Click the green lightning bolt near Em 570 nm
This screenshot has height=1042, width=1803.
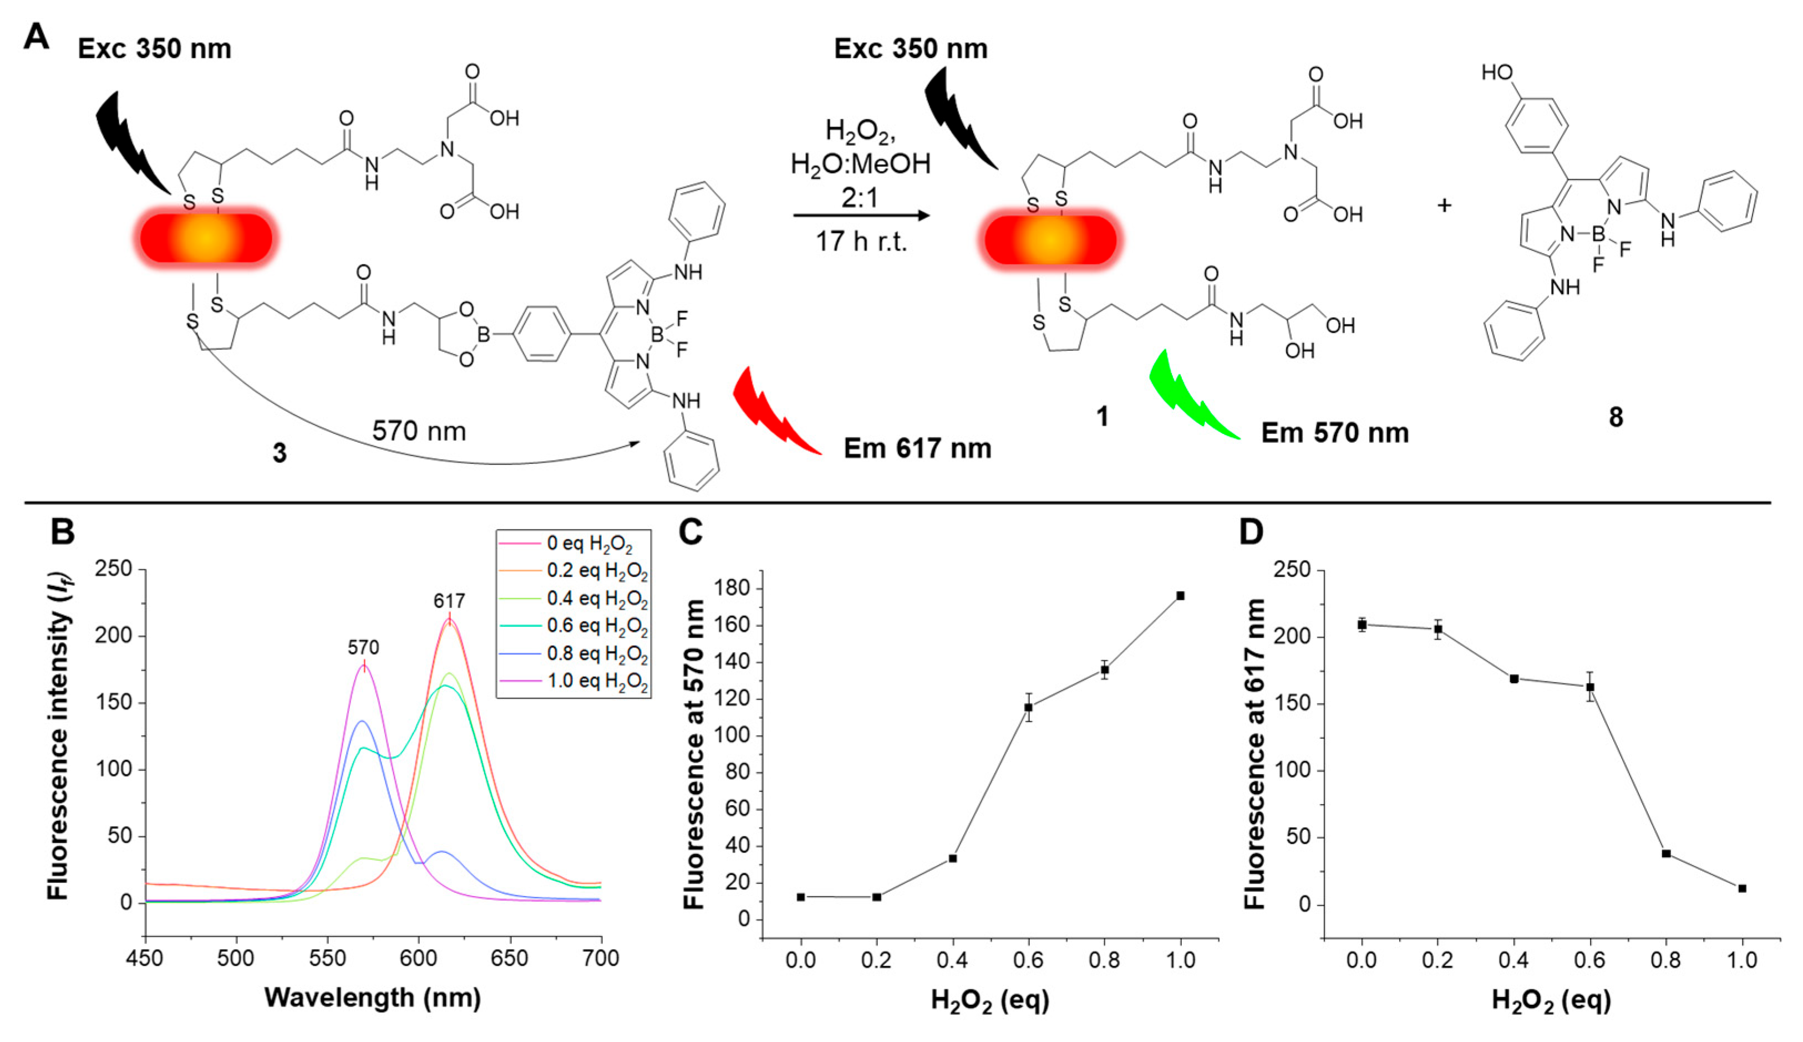(1191, 397)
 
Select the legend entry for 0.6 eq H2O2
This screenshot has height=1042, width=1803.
(597, 626)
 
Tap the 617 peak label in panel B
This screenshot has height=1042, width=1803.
(449, 601)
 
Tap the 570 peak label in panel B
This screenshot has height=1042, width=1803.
(363, 648)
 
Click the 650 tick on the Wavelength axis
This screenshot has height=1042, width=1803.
(510, 959)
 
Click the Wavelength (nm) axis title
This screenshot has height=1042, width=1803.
(373, 998)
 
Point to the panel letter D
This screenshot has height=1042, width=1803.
(1251, 533)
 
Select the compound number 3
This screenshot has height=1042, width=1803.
(280, 453)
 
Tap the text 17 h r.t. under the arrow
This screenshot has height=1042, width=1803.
(861, 242)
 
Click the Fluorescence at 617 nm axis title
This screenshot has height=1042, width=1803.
(1255, 754)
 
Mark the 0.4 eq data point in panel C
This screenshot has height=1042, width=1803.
(953, 858)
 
